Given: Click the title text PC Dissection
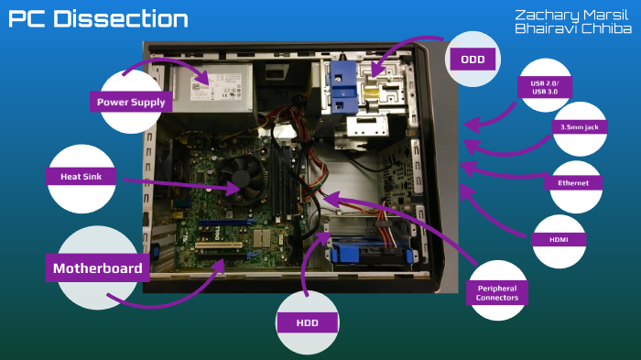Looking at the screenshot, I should point(98,19).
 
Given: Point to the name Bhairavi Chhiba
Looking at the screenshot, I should point(572,29).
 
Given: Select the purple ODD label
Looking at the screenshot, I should point(473,60).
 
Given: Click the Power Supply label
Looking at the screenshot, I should point(131,102).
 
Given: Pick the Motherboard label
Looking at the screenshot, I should point(97,267).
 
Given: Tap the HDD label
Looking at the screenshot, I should point(308,322).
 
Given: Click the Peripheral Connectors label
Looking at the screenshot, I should point(497,293).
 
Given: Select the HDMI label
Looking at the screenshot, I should point(559,239).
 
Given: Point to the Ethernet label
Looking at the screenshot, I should point(572,182).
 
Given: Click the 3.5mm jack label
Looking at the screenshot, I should point(580,128).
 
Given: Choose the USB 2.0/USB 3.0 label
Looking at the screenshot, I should point(544,87).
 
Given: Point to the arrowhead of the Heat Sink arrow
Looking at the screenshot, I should point(240,190).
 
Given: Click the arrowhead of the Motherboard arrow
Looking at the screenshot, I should point(223,264).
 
